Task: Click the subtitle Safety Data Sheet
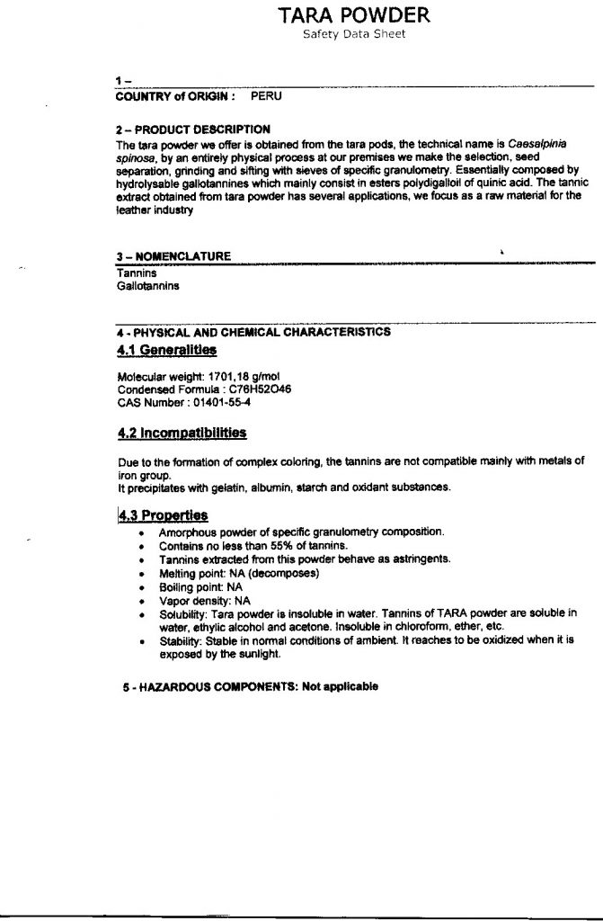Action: tap(353, 34)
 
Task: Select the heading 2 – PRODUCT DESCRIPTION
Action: tap(193, 130)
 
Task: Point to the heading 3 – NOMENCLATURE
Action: tap(173, 256)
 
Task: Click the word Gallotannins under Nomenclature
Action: tap(148, 285)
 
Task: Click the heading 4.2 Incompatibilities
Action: tap(182, 433)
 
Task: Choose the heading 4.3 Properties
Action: tap(163, 515)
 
